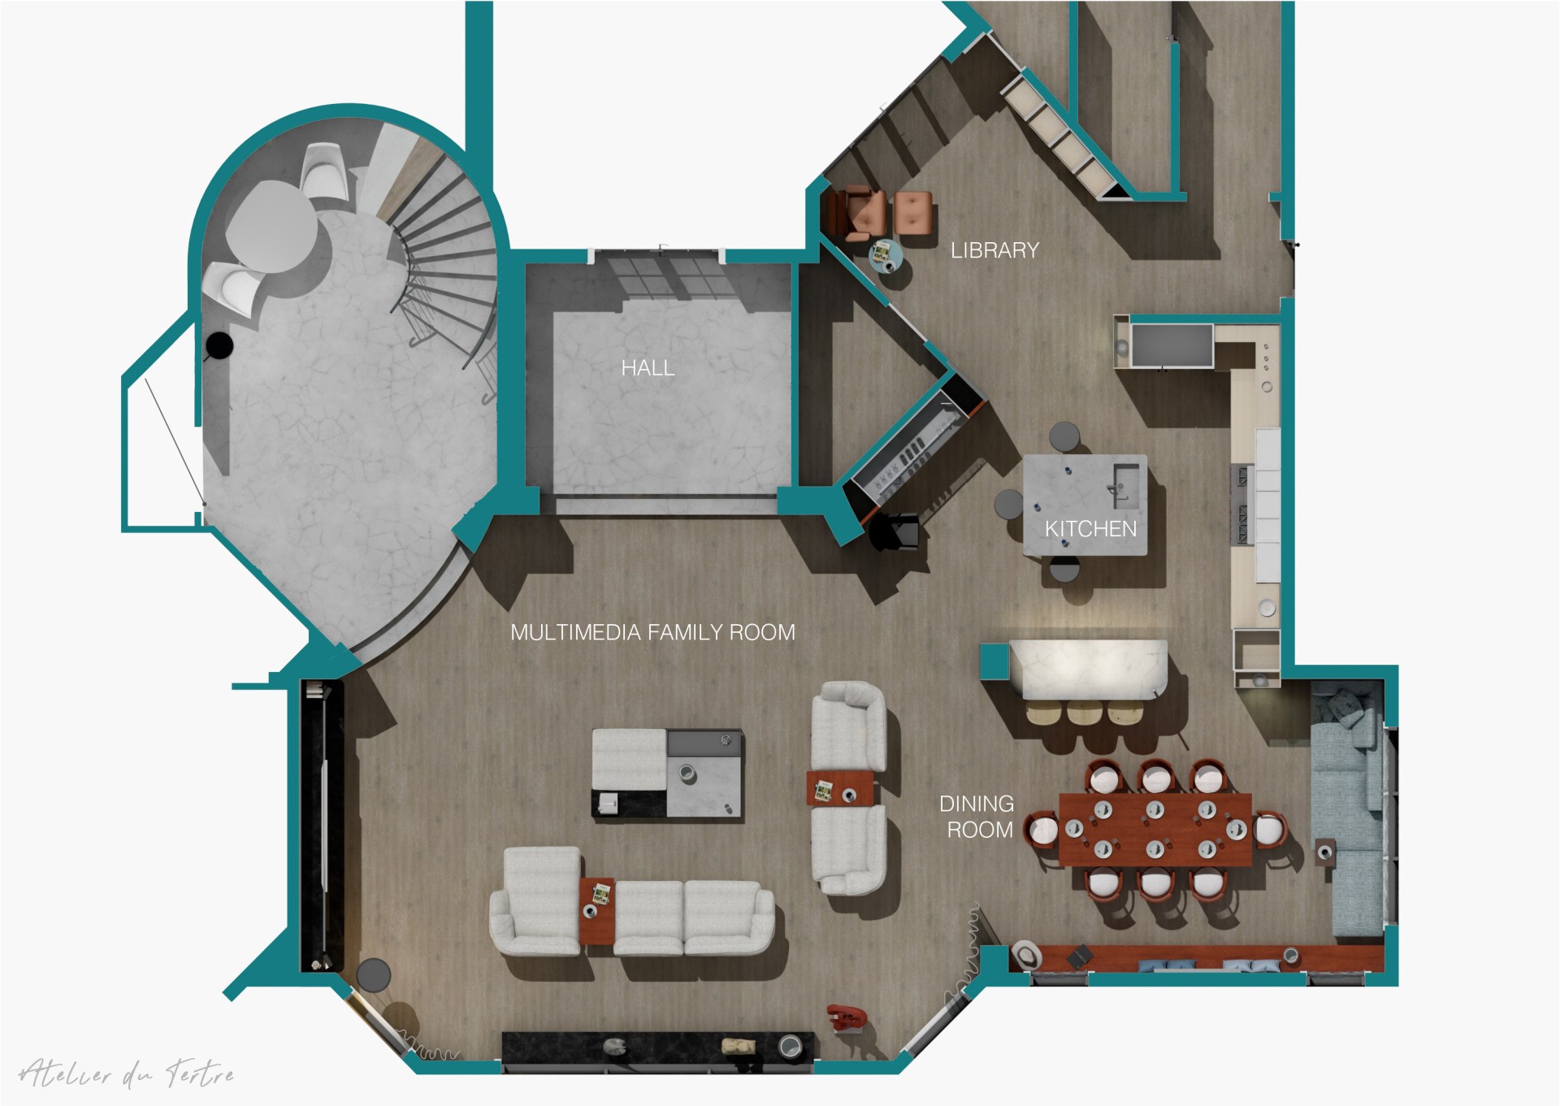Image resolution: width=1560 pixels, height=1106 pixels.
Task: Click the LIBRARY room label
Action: click(x=994, y=250)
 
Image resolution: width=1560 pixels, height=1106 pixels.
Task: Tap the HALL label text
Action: click(x=648, y=368)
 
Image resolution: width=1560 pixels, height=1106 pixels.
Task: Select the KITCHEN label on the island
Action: click(x=1090, y=529)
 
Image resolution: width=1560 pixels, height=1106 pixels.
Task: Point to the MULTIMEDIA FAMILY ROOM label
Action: click(x=652, y=632)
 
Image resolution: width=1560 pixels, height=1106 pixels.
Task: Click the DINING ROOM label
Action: click(x=977, y=817)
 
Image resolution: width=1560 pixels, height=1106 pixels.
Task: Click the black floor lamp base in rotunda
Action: click(x=218, y=346)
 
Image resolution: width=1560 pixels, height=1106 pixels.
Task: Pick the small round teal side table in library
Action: click(x=886, y=254)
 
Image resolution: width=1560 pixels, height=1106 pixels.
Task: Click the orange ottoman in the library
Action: click(x=913, y=212)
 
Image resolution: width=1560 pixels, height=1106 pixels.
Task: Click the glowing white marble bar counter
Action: click(x=1089, y=669)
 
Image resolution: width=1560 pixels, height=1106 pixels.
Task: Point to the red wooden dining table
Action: click(x=1155, y=830)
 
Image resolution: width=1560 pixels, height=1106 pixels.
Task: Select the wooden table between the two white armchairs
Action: click(x=840, y=788)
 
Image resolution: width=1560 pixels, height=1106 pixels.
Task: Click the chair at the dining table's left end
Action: click(x=1042, y=830)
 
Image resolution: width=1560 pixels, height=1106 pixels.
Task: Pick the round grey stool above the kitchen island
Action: click(x=1064, y=437)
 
